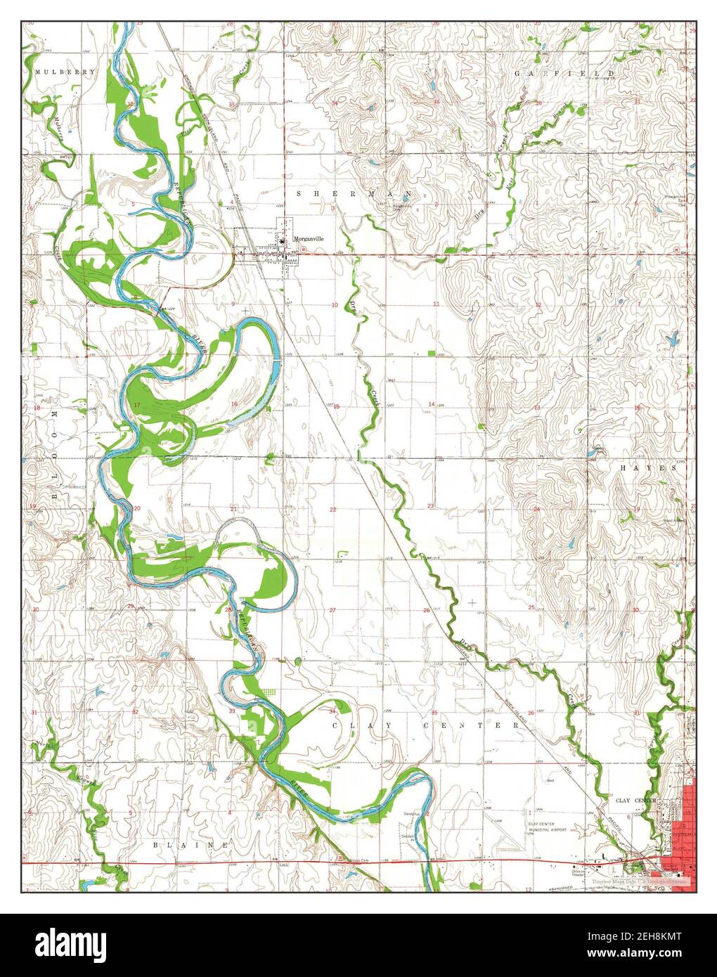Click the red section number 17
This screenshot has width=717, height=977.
pos(137,406)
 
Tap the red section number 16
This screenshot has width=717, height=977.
pos(234,403)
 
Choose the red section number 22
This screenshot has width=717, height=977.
pos(333,508)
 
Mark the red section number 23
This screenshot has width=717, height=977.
pos(430,506)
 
